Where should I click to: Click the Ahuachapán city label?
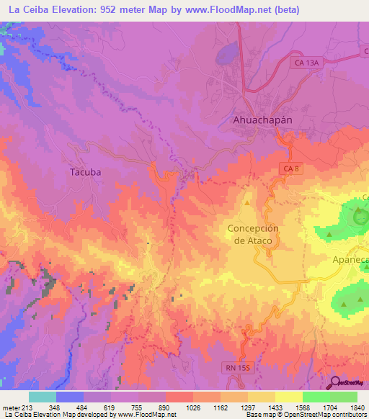(262, 120)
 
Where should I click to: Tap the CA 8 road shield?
(288, 168)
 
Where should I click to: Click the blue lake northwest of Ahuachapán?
(228, 54)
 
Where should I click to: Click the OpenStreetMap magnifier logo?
(335, 383)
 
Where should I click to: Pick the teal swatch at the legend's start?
(43, 397)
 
